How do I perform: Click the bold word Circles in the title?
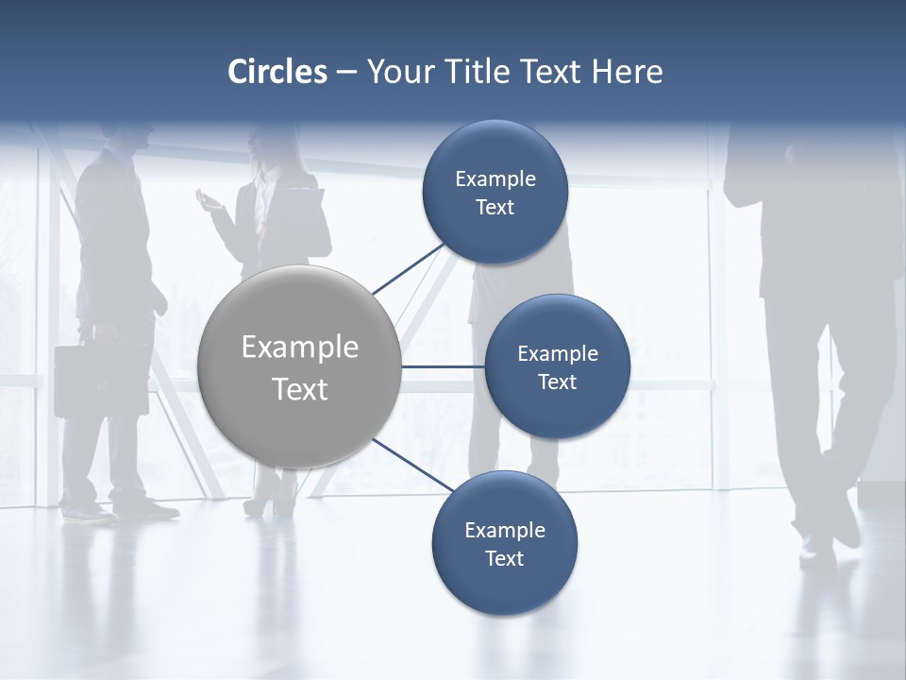[x=277, y=72]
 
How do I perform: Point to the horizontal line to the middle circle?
[x=443, y=366]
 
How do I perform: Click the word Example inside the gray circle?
[x=299, y=348]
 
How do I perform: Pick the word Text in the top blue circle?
[x=495, y=208]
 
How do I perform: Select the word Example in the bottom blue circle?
[x=505, y=530]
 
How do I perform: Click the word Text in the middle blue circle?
[x=557, y=382]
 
